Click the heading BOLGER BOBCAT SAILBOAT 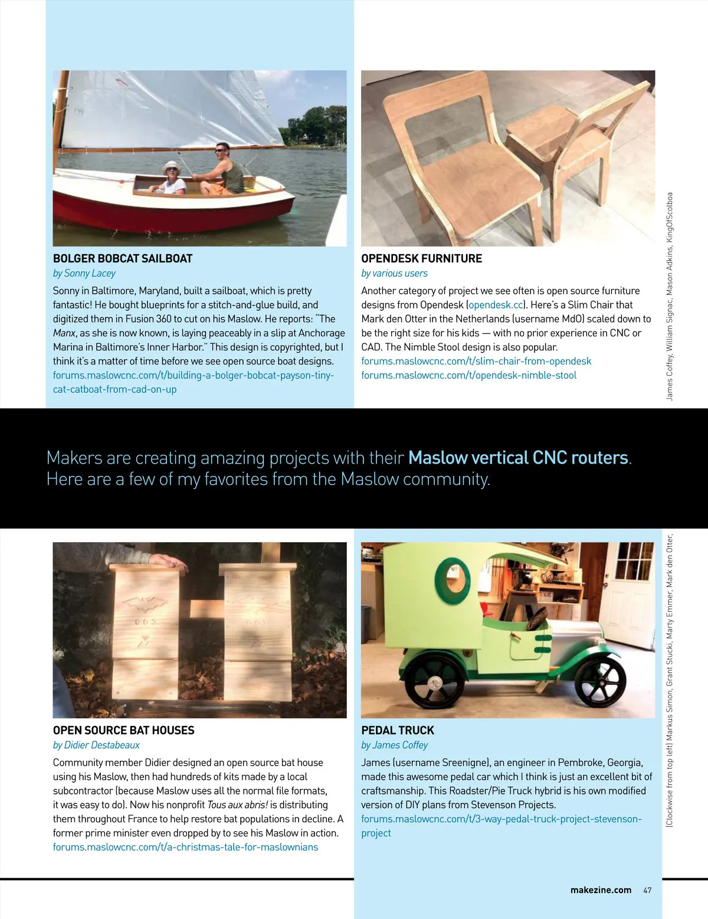[123, 258]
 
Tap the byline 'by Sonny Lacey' [84, 273]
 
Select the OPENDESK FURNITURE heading [421, 258]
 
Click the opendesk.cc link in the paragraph [496, 305]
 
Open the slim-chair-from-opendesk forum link [476, 361]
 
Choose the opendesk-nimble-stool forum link [468, 375]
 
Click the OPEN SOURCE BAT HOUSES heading [123, 730]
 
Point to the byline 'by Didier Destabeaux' [96, 745]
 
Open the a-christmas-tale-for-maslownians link [185, 847]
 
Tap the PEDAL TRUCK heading [397, 730]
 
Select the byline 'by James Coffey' [394, 745]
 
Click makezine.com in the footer [601, 890]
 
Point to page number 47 [647, 890]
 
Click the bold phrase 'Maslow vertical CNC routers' [518, 458]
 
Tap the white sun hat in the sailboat [172, 166]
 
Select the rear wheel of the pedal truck [435, 684]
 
